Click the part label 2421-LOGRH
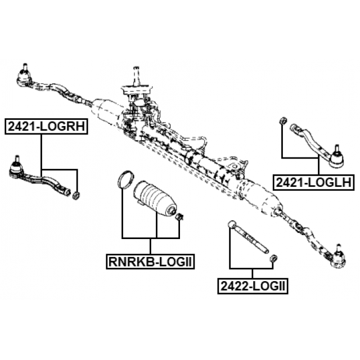(x=46, y=126)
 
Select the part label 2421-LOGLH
(x=314, y=182)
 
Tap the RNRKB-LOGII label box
(x=150, y=262)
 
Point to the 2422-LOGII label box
(x=253, y=286)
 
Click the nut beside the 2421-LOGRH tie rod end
(x=76, y=196)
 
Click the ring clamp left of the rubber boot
(x=125, y=180)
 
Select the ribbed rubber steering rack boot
(x=155, y=199)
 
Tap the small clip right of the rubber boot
(x=179, y=217)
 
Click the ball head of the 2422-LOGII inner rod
(x=232, y=224)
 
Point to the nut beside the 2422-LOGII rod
(x=273, y=258)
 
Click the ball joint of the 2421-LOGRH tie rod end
(x=16, y=170)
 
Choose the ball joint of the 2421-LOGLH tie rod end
(x=336, y=159)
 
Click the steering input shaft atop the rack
(x=136, y=76)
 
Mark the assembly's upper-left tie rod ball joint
(x=24, y=75)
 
